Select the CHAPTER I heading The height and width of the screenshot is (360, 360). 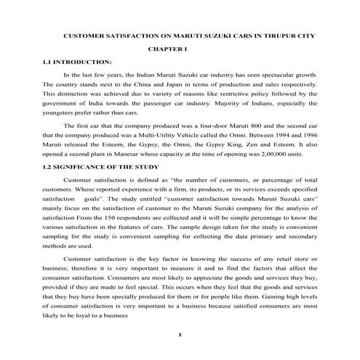(x=167, y=48)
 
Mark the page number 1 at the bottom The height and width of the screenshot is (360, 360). (x=180, y=335)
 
